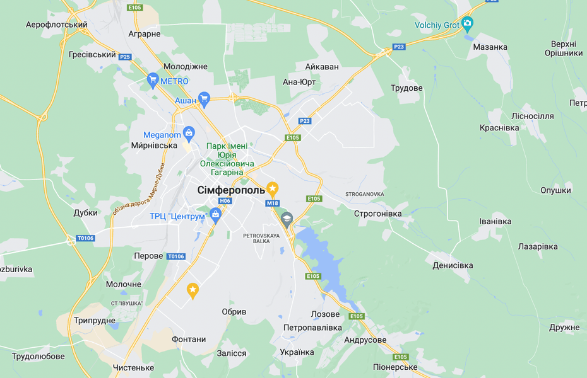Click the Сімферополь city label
pyautogui.click(x=231, y=190)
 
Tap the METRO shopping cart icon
pyautogui.click(x=152, y=80)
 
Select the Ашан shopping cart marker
pyautogui.click(x=203, y=98)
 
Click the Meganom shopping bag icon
pyautogui.click(x=188, y=133)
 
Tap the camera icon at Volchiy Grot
pyautogui.click(x=467, y=24)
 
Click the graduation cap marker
pyautogui.click(x=287, y=219)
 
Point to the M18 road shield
pyautogui.click(x=272, y=203)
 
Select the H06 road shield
pyautogui.click(x=225, y=201)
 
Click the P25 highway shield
pyautogui.click(x=125, y=57)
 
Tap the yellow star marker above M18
pyautogui.click(x=272, y=188)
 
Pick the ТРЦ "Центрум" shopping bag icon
pyautogui.click(x=215, y=214)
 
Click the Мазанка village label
pyautogui.click(x=490, y=47)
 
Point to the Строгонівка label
pyautogui.click(x=377, y=214)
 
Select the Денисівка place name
pyautogui.click(x=453, y=265)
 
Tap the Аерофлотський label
pyautogui.click(x=56, y=25)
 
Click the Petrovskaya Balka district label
pyautogui.click(x=261, y=238)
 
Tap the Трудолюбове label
pyautogui.click(x=38, y=356)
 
